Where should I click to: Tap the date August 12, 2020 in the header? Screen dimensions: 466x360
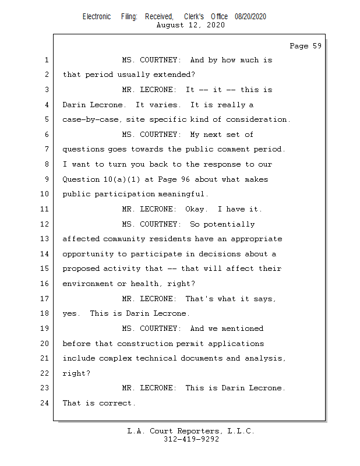pos(190,25)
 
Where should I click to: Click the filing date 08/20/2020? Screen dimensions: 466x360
pos(250,17)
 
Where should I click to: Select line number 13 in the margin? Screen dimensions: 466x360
pos(46,239)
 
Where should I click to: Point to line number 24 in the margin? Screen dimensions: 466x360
pos(46,403)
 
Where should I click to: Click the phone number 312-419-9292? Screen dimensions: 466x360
pos(191,439)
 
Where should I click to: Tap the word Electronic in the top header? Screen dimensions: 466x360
pos(97,17)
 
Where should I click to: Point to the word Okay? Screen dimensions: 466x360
pos(196,209)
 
